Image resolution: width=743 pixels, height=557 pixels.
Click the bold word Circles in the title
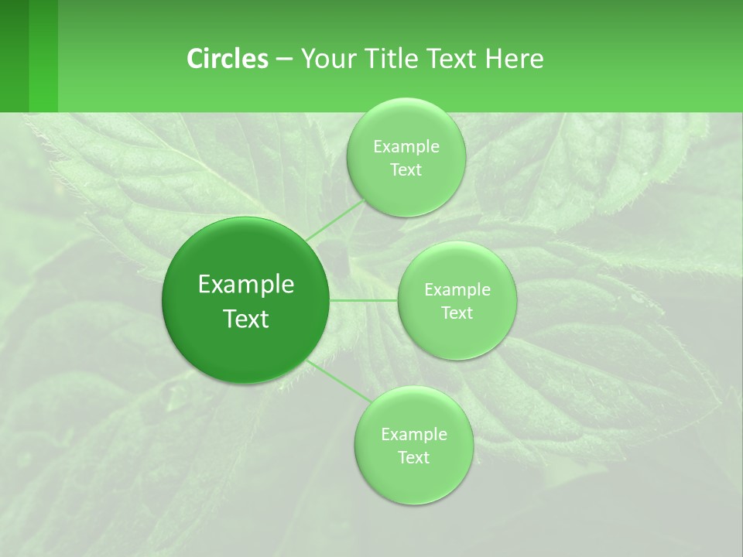pos(228,59)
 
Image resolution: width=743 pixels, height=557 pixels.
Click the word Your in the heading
pos(326,59)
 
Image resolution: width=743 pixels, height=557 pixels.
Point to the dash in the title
pos(284,60)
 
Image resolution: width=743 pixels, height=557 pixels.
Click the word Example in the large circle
pos(246,285)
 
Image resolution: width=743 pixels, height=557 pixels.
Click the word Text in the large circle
pos(246,319)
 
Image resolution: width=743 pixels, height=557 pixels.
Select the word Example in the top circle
pos(406,147)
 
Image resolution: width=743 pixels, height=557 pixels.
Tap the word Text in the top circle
pos(406,170)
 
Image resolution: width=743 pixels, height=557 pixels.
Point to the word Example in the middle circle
pos(457,290)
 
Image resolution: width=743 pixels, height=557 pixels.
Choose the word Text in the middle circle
pos(457,313)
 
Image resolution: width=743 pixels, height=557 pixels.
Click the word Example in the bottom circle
pos(414,435)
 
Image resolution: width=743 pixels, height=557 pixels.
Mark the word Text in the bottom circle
pos(413,458)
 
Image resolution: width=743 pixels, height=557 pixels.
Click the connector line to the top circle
pos(336,220)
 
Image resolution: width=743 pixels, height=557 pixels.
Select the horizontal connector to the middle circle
pos(364,300)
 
